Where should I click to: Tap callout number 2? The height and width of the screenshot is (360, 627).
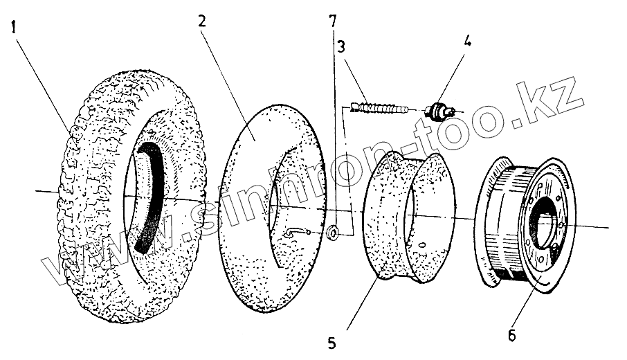(x=201, y=21)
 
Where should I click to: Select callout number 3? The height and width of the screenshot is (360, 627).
(x=342, y=47)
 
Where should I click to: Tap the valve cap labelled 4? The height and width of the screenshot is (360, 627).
(x=439, y=110)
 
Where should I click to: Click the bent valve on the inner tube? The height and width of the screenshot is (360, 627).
(x=294, y=233)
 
